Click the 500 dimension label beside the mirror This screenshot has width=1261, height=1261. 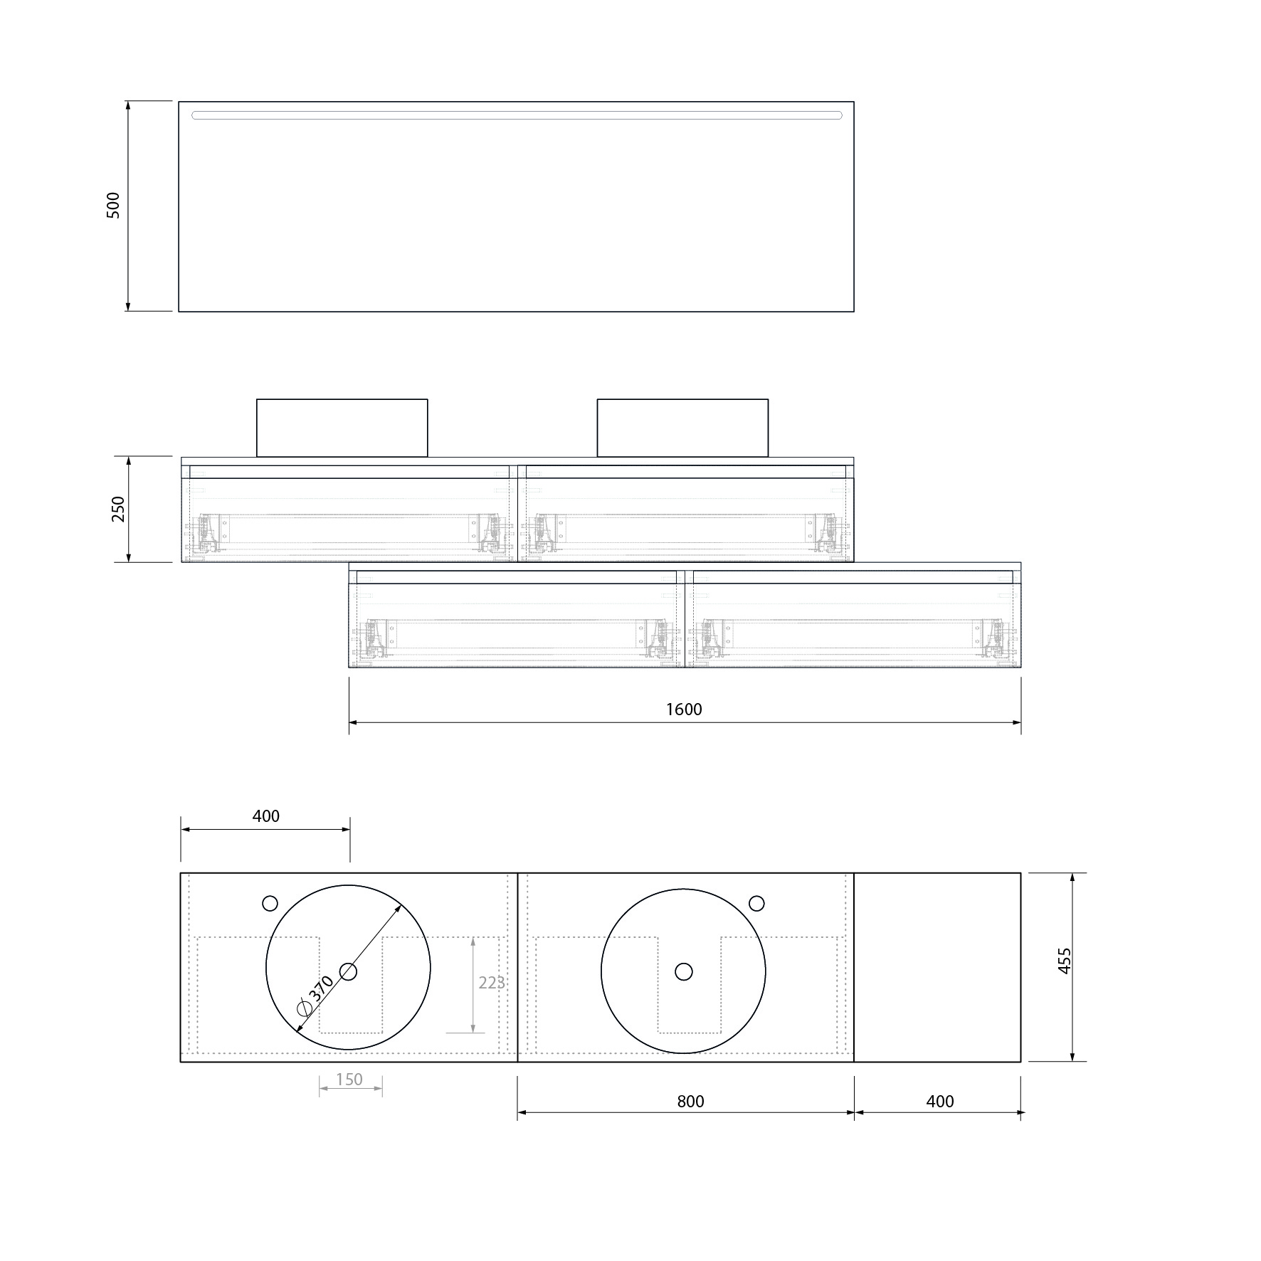pos(113,205)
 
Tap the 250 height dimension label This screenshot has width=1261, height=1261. pos(117,509)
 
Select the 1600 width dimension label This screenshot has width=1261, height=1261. pos(684,709)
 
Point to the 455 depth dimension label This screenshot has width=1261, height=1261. pos(1064,961)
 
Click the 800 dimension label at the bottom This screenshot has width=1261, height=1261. pos(690,1101)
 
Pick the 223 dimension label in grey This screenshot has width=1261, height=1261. pos(491,983)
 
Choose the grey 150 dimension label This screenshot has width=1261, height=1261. pos(349,1079)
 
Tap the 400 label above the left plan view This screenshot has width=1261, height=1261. pos(265,816)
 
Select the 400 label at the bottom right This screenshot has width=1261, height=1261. pos(939,1101)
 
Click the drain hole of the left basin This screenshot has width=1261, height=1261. pos(348,971)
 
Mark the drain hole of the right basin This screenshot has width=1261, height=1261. pos(683,971)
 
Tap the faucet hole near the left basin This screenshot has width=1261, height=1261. pos(270,903)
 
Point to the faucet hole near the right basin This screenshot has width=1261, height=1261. pos(756,903)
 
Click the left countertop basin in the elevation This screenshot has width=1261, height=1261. pos(342,428)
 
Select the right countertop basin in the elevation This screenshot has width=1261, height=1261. pos(682,428)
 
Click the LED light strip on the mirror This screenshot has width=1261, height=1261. pos(517,115)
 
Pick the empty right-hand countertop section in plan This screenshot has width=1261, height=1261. pos(936,967)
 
